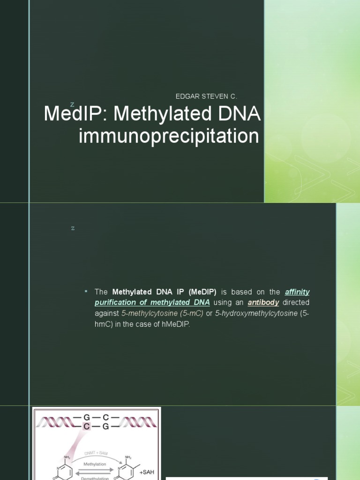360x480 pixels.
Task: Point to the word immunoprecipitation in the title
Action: point(168,136)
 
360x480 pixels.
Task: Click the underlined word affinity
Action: point(297,292)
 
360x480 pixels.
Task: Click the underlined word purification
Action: point(115,303)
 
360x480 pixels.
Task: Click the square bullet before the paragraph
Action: point(86,291)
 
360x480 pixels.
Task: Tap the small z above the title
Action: point(72,104)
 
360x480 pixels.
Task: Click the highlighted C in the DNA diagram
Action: point(86,426)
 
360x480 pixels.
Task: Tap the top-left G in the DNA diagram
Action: point(86,416)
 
